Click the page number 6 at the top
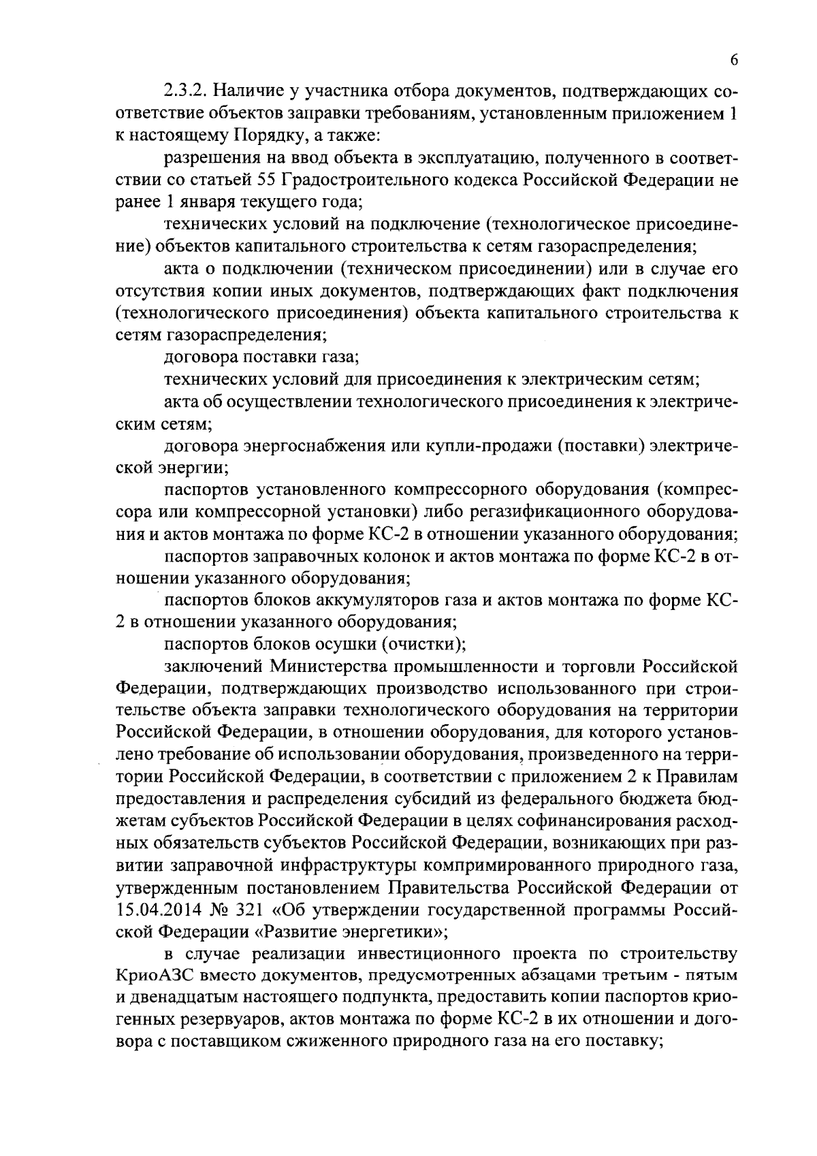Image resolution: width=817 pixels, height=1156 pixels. click(x=734, y=61)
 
